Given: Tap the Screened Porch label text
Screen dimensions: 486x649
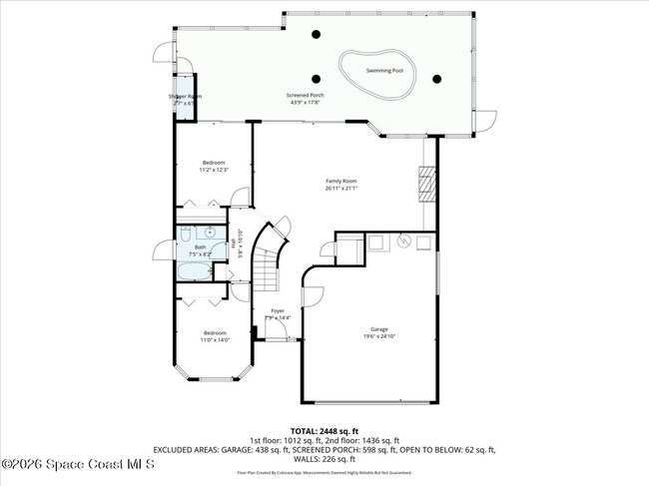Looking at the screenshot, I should (x=306, y=96).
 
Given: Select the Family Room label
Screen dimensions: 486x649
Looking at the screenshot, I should (x=341, y=181).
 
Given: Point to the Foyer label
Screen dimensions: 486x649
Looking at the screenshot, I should (x=278, y=310).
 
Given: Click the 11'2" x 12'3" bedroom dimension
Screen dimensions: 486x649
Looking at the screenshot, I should (x=214, y=170).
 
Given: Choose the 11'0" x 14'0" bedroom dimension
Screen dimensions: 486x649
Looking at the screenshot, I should (x=215, y=340).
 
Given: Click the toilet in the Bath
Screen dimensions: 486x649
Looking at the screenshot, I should (x=185, y=237).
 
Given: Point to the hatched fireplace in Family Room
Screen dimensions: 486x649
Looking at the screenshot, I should (x=426, y=184).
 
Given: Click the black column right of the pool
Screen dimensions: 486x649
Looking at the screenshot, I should (x=436, y=78).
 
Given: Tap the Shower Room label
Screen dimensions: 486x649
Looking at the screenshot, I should (x=185, y=96).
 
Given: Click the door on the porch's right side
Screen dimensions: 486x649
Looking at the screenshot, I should (x=486, y=119).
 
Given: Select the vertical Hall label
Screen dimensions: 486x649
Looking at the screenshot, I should (x=233, y=243).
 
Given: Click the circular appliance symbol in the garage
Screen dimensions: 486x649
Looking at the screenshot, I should (x=405, y=241).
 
